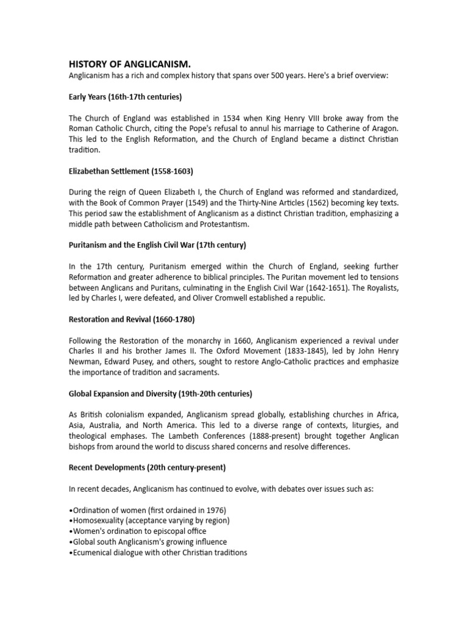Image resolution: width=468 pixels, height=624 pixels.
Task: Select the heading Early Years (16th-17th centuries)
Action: (125, 97)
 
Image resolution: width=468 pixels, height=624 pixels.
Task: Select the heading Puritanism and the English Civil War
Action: (156, 246)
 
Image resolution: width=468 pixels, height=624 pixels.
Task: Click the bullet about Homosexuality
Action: (150, 520)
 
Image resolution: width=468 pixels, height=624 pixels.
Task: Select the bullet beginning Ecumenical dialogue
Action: (158, 553)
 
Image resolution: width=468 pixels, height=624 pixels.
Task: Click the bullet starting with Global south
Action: (148, 542)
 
